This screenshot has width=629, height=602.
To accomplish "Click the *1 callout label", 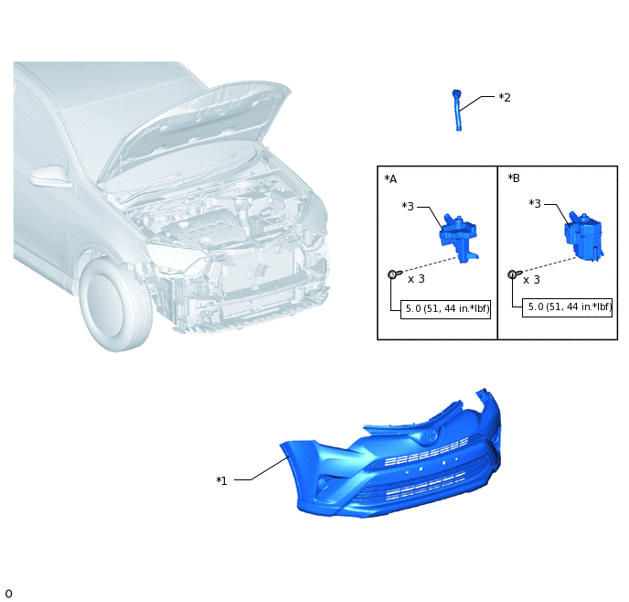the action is pyautogui.click(x=222, y=480).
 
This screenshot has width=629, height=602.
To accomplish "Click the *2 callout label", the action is pyautogui.click(x=505, y=98).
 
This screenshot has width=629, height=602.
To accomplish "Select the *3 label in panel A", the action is pyautogui.click(x=408, y=206).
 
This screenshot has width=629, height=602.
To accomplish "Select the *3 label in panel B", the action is pyautogui.click(x=535, y=204).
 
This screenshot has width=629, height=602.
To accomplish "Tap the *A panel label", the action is pyautogui.click(x=390, y=179).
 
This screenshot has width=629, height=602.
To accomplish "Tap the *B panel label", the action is pyautogui.click(x=514, y=177).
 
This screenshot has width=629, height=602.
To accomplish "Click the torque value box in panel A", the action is pyautogui.click(x=445, y=309).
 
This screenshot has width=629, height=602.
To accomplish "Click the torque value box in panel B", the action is pyautogui.click(x=567, y=307).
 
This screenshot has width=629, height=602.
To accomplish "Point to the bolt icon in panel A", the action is pyautogui.click(x=394, y=274).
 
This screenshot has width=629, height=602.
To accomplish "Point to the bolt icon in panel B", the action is pyautogui.click(x=515, y=274).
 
